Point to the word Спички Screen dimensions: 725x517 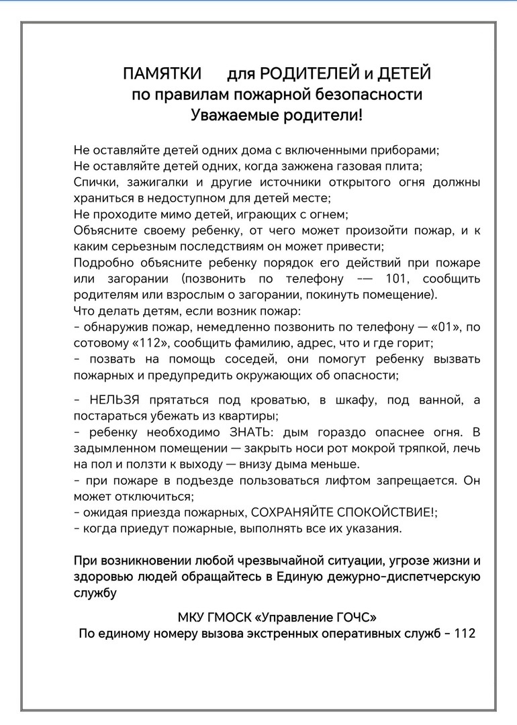point(93,183)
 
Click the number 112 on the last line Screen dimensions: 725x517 point(465,633)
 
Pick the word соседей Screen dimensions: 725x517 point(249,359)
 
